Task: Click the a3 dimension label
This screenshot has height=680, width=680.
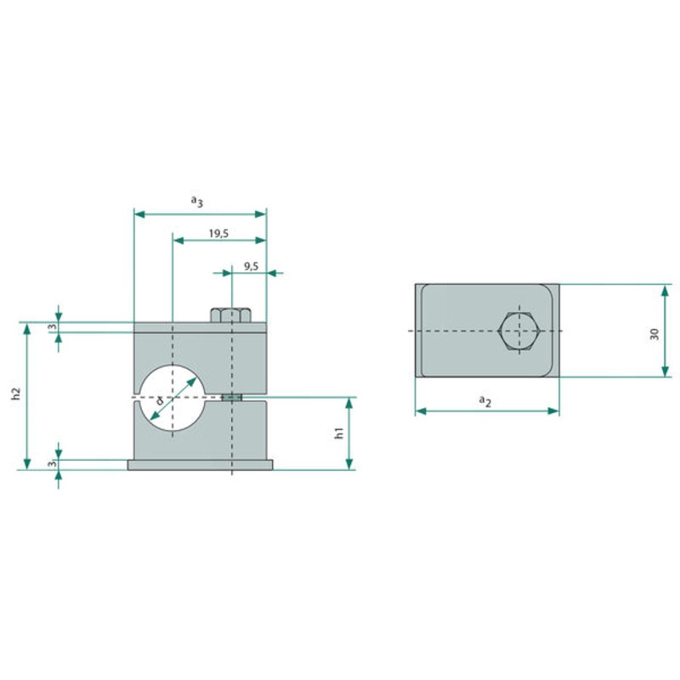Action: click(x=197, y=201)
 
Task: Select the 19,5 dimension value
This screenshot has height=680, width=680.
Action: click(x=218, y=234)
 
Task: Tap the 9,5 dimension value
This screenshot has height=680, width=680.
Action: click(x=251, y=266)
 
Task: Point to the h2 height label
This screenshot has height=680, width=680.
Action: click(x=16, y=394)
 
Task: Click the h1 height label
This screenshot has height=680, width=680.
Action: click(x=339, y=433)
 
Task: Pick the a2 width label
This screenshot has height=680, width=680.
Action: click(x=485, y=400)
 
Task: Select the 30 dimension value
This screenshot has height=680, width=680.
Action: click(x=654, y=334)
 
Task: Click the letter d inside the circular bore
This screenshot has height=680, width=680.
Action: click(x=160, y=400)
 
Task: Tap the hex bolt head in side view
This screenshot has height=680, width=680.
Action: click(x=230, y=314)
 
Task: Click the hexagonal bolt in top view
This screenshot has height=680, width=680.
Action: click(x=519, y=331)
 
